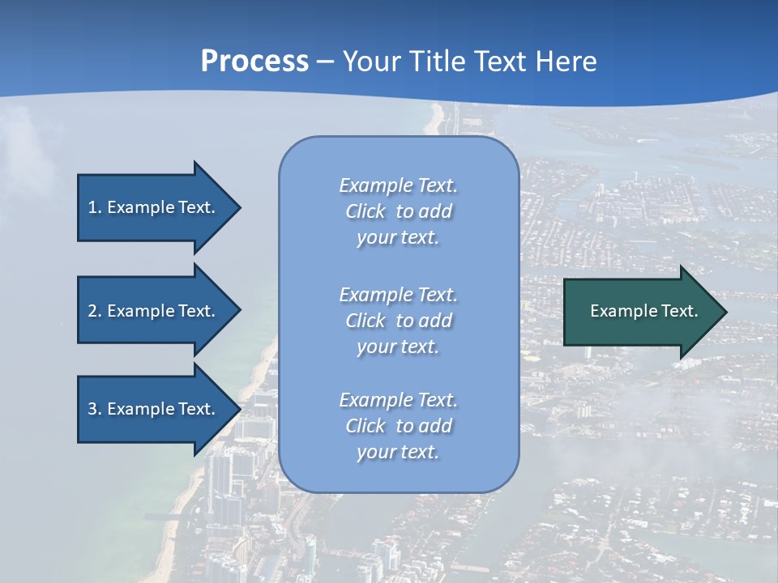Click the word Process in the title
pos(254,62)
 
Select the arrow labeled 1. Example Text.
pos(154,207)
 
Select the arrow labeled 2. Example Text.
pos(154,311)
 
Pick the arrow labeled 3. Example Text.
pos(154,409)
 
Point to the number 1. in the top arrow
pos(95,207)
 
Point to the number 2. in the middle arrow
pos(95,311)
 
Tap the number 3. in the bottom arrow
pos(95,409)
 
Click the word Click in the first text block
pos(365,211)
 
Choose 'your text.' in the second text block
pos(398,347)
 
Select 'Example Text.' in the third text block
pos(398,400)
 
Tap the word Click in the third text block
pos(365,426)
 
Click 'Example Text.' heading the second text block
pos(398,295)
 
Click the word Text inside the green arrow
pos(679,311)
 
